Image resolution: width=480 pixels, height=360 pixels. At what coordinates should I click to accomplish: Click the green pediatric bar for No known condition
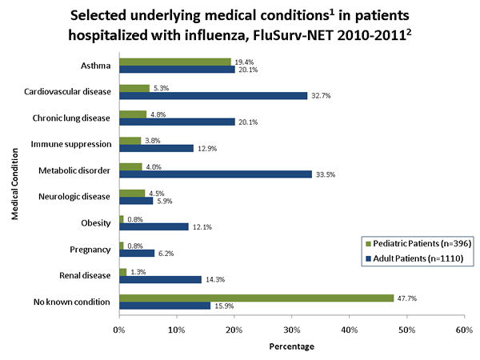(256, 298)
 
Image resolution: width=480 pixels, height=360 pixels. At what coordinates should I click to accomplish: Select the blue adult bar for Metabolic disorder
(215, 174)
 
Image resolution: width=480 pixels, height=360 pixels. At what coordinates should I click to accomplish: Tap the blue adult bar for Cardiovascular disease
(213, 95)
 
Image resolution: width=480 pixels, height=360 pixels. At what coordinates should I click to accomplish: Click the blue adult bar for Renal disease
(160, 279)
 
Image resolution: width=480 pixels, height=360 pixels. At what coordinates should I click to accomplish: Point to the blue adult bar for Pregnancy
(137, 253)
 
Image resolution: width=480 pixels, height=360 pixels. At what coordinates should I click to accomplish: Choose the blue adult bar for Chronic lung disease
(177, 122)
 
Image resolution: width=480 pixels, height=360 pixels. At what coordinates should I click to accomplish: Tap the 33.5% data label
(324, 174)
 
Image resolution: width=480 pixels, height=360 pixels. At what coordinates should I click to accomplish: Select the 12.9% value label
(206, 148)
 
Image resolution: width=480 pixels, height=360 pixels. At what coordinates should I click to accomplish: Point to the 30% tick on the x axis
(291, 329)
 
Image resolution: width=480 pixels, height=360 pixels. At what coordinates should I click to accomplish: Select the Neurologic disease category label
(74, 196)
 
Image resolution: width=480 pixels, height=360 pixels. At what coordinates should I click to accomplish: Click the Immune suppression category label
(71, 143)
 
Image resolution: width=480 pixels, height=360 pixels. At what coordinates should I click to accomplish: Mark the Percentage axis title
(291, 346)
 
